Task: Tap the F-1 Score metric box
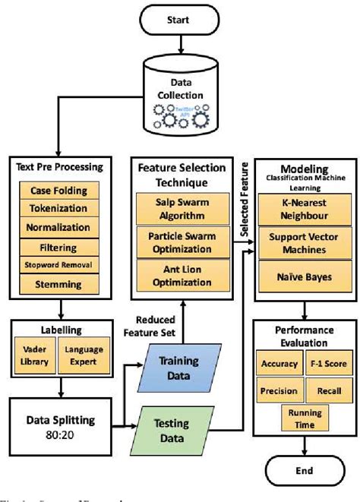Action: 327,364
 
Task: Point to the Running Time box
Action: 304,417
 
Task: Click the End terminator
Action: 305,469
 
